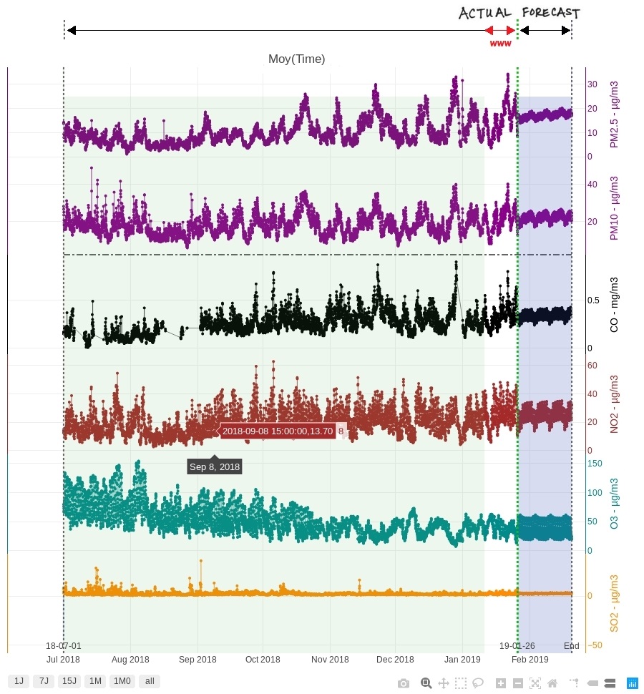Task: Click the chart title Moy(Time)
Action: pos(296,59)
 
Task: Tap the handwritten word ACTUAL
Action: pos(484,13)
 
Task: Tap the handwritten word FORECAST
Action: pos(550,13)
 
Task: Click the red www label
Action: pos(500,44)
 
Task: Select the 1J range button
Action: pos(19,681)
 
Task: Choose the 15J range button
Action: pos(69,681)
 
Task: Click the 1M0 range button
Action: pos(122,681)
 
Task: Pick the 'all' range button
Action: pos(150,681)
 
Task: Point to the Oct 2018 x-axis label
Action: pos(263,659)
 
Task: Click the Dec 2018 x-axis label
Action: pos(395,659)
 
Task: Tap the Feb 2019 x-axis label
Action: pos(530,659)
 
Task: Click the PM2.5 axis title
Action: pos(614,114)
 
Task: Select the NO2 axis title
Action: pos(614,404)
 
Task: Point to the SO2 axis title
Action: pos(614,603)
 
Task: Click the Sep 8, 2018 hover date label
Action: pos(215,466)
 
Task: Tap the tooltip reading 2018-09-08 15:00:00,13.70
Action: pos(278,431)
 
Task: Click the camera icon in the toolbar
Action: pos(404,683)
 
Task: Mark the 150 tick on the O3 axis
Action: pos(595,464)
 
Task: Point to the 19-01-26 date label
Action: pos(517,645)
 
